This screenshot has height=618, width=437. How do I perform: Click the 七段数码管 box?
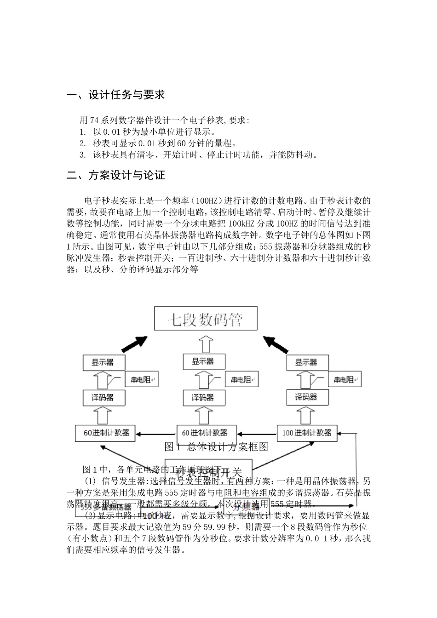tap(205, 319)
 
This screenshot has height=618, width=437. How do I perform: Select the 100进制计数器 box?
tap(307, 433)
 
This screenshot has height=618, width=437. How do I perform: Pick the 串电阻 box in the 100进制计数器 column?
tap(344, 380)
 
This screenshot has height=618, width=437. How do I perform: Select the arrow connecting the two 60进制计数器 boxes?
tap(156, 433)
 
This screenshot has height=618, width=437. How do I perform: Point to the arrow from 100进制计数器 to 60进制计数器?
tap(257, 433)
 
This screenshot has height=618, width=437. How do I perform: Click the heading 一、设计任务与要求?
tap(115, 95)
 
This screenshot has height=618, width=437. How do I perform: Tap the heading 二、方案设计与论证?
tap(115, 175)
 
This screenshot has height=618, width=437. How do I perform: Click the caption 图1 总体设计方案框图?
tap(216, 446)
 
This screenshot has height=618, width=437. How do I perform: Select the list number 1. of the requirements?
tap(82, 132)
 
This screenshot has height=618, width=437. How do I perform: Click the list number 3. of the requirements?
tap(82, 154)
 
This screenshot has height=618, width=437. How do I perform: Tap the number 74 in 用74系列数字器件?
tap(94, 120)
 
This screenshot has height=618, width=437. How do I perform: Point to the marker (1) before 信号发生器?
tap(90, 481)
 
